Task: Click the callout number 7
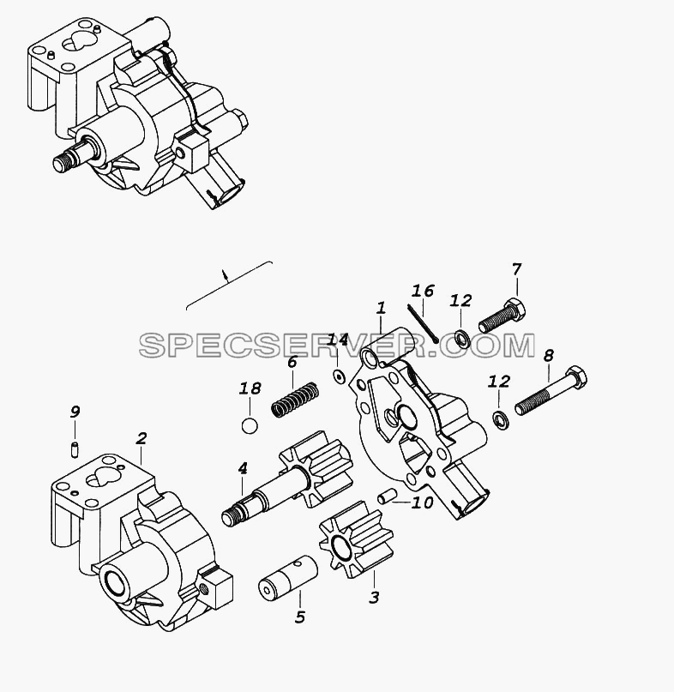coord(516,268)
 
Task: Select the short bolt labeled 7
coord(502,316)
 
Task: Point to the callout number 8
coord(548,355)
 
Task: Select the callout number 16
coord(423,291)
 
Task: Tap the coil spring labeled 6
coord(295,400)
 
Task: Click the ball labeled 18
coord(250,426)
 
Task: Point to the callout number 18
coord(250,388)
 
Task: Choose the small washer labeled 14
coord(338,376)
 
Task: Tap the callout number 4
coord(243,469)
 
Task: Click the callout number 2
coord(141,438)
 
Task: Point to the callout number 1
coord(381,308)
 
